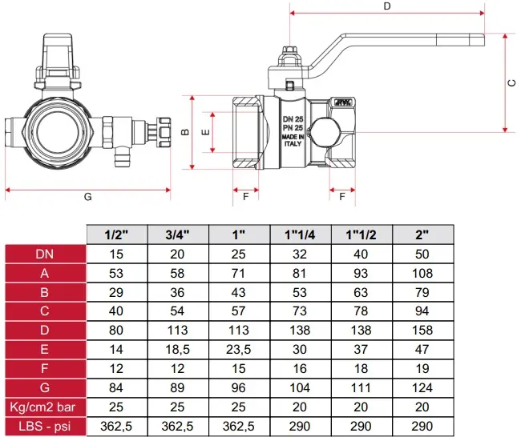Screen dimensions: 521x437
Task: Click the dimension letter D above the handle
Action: [387, 6]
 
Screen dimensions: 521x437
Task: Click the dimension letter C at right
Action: [512, 82]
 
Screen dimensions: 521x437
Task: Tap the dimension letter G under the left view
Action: [87, 197]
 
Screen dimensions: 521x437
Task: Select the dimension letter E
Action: [206, 132]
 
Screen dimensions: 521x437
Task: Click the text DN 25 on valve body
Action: [293, 119]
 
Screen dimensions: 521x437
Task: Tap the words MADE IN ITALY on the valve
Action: [293, 140]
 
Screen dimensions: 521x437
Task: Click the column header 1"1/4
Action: [300, 235]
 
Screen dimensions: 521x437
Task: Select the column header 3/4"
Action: [177, 235]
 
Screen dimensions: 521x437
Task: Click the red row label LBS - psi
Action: [45, 426]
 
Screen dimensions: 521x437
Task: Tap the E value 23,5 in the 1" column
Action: [238, 350]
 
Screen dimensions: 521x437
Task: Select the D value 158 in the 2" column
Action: [422, 331]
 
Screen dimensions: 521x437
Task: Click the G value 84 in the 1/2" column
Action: [116, 387]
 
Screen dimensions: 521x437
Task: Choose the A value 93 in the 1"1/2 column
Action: [361, 273]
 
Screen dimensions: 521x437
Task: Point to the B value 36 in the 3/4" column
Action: [177, 292]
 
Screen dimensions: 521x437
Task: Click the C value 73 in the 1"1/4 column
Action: [300, 311]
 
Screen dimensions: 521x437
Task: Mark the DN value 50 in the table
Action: [422, 255]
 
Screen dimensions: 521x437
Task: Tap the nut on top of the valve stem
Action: [289, 50]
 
